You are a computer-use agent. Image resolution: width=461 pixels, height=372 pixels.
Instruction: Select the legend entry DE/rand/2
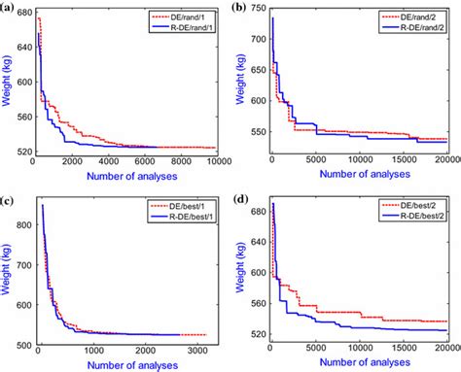(x=419, y=17)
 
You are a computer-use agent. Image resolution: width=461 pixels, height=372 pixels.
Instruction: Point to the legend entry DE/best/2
(x=419, y=207)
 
